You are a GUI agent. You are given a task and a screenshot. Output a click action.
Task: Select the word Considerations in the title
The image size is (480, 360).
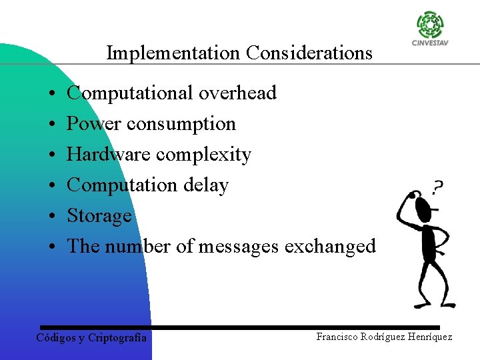click(x=309, y=53)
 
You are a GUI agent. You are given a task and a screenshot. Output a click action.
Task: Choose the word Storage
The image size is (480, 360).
click(x=99, y=217)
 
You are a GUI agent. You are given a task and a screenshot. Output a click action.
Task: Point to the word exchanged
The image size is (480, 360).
click(x=330, y=247)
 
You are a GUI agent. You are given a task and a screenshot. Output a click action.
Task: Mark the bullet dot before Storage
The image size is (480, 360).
click(x=51, y=217)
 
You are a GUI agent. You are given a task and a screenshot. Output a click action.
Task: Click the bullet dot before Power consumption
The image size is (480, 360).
click(x=51, y=125)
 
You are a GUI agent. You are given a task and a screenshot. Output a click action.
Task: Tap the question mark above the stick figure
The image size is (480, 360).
click(x=438, y=187)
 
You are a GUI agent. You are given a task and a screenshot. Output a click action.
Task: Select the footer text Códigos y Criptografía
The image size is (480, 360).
click(x=91, y=338)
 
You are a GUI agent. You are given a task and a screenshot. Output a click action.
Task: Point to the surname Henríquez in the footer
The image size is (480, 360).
click(x=427, y=337)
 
